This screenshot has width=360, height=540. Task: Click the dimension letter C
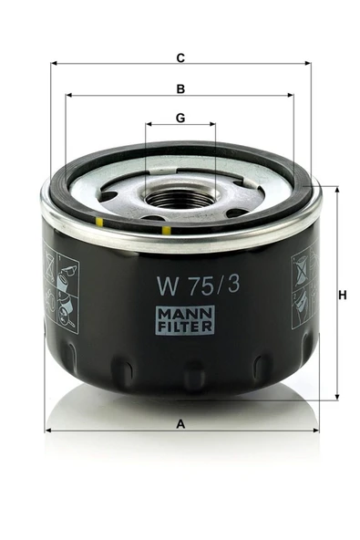(x=180, y=57)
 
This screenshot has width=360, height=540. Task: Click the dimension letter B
(x=180, y=88)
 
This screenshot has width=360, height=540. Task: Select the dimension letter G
(x=180, y=119)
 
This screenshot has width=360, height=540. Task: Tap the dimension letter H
(x=342, y=296)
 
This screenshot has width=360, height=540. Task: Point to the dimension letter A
(x=180, y=424)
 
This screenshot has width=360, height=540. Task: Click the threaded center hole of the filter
(x=180, y=198)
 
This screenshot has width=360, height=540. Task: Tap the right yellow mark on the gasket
(x=166, y=231)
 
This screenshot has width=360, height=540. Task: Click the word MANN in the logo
(x=185, y=314)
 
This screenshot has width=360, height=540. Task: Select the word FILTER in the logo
(x=185, y=327)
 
